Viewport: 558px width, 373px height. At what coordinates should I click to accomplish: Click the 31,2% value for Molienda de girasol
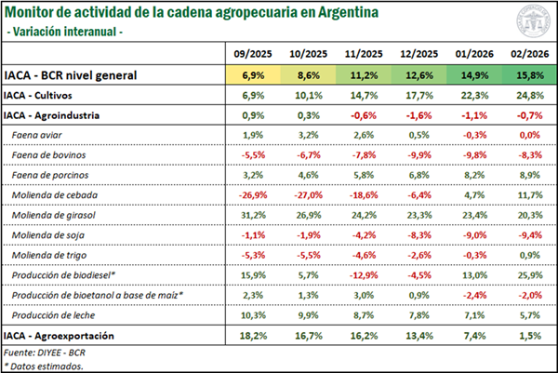[252, 214]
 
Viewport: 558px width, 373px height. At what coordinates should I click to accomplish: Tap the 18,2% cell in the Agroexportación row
[252, 335]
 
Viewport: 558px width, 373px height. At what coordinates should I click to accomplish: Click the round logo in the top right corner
[531, 20]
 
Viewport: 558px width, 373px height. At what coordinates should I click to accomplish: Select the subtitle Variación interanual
[67, 32]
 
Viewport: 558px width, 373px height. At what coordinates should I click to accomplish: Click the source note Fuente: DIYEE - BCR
[46, 352]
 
